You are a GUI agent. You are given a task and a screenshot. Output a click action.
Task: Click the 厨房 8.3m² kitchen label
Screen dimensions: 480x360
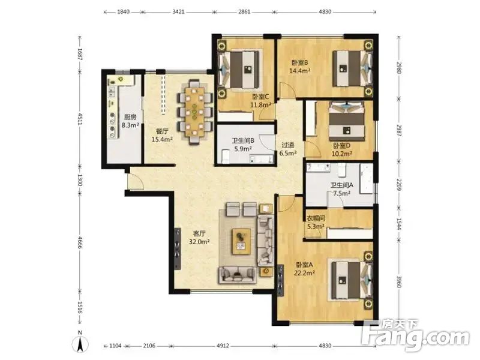(x=130, y=121)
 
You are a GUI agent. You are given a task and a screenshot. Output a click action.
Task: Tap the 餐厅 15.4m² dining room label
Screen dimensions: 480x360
(x=162, y=136)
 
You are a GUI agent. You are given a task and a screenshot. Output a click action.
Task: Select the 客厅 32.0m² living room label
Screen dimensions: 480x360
(x=199, y=238)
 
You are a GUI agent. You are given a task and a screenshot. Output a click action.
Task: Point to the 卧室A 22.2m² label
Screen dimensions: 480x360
(x=304, y=268)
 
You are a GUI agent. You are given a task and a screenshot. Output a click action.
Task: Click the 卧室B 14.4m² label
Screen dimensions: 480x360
(x=299, y=67)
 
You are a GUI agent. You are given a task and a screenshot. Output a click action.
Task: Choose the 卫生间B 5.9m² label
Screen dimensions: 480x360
(x=243, y=145)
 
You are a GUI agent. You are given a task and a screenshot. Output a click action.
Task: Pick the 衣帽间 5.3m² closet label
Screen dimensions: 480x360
(x=316, y=222)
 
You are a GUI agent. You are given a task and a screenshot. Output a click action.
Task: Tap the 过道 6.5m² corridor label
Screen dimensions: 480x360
(x=288, y=149)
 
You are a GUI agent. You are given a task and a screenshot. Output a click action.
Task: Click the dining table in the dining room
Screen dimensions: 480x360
(x=194, y=112)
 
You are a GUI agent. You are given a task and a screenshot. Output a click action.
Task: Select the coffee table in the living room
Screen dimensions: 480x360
(x=242, y=241)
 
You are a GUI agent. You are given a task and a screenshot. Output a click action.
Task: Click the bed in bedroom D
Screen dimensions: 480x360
(x=347, y=122)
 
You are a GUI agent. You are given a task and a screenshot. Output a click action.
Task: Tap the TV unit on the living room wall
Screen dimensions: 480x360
(x=177, y=248)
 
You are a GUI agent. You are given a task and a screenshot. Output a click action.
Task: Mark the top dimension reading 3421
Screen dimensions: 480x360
(x=178, y=12)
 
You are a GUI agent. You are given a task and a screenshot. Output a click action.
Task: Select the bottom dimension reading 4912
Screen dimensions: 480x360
(x=223, y=346)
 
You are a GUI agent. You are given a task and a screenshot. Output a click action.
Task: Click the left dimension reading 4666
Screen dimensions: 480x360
(x=80, y=242)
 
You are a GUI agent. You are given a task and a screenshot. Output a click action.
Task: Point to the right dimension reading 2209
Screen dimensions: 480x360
(x=398, y=185)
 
